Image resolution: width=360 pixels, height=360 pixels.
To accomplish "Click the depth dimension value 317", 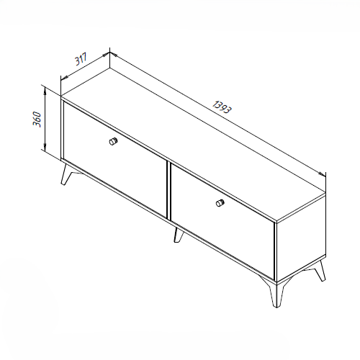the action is [x=81, y=59].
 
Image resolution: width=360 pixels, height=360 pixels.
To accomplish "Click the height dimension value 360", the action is [x=37, y=119].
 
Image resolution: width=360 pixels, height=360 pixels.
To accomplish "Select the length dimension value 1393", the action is [x=222, y=107].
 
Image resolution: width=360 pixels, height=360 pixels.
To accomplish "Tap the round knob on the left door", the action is [x=113, y=141].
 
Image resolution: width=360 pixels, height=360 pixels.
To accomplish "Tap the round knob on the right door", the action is [x=220, y=203].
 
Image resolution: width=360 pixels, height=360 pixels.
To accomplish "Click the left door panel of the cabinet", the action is [x=115, y=159].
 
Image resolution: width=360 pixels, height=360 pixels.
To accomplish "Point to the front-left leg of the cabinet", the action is [x=66, y=174].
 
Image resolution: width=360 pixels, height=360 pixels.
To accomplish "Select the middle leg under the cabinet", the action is [x=179, y=235].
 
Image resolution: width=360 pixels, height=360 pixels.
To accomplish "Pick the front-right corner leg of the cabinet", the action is [x=275, y=293].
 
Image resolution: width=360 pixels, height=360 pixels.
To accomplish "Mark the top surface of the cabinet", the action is [x=194, y=145].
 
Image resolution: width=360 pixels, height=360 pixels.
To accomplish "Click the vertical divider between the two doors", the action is [x=168, y=190].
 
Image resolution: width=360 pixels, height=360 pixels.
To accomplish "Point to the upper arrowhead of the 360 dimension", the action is [x=45, y=91].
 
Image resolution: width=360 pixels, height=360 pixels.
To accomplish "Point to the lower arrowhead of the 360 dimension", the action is [x=45, y=146].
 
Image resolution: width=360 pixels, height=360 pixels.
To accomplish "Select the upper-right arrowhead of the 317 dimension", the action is [x=106, y=55].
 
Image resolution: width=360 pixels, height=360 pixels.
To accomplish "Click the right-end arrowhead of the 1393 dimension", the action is [x=322, y=174].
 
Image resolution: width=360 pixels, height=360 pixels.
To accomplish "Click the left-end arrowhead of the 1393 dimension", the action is [x=114, y=55].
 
